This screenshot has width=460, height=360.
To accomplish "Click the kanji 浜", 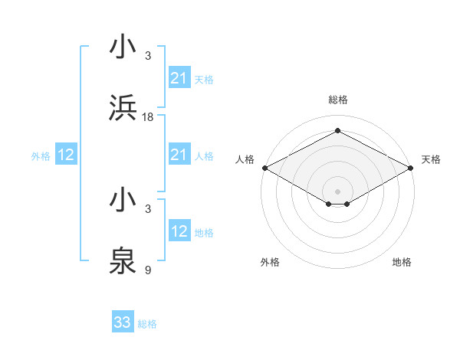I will point(123,108).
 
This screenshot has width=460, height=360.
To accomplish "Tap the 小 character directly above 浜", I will point(123,47).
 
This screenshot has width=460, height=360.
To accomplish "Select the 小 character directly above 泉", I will point(123,201).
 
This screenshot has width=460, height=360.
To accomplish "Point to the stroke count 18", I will point(148,116).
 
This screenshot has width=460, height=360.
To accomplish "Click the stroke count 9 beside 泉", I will point(148,270).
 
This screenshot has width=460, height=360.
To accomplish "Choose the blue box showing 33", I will point(123,322).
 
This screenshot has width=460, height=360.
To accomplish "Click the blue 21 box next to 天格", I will point(179,77).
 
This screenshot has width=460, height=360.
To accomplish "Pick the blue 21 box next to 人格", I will point(179,155).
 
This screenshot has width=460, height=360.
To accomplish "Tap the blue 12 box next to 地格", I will point(179,231).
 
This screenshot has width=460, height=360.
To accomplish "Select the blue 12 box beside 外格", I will point(66,155).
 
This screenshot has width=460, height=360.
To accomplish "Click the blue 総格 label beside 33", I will point(147,324).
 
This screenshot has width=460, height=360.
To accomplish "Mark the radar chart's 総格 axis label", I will point(337,100).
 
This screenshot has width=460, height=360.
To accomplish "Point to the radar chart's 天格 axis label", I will point(431,159).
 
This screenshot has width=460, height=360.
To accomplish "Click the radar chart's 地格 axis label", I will point(402,262).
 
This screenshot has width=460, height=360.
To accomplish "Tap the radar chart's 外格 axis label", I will point(270,262).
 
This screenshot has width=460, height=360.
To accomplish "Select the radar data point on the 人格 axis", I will point(264,167).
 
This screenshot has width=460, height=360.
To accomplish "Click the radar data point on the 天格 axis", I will point(412,167).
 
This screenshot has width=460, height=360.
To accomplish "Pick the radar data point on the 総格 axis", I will point(337,131).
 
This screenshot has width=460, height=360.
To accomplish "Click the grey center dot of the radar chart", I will point(337,191).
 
